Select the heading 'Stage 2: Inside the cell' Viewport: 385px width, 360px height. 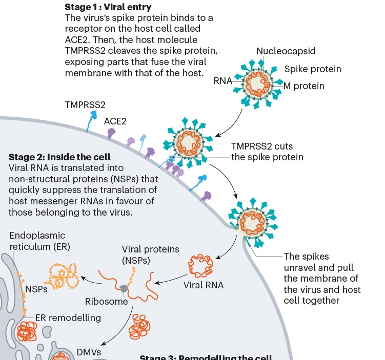59,157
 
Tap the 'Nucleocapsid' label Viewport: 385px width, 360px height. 285,51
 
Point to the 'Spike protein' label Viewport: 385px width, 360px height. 313,69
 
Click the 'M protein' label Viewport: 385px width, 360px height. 304,86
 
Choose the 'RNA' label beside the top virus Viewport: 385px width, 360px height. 222,80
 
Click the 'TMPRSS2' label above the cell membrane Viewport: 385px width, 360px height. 85,104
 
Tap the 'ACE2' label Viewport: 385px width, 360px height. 115,121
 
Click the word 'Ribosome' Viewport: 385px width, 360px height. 107,302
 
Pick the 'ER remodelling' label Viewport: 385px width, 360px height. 68,317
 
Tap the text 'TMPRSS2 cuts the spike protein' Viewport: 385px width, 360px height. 267,152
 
